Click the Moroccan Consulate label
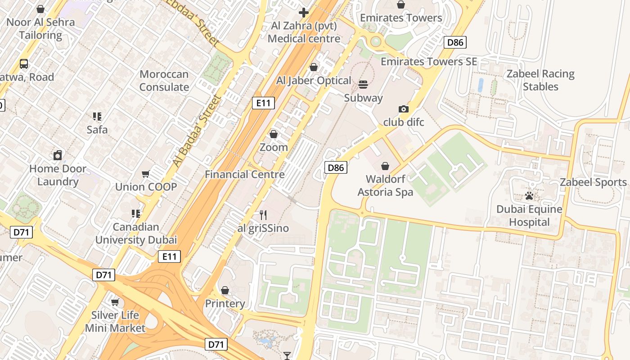164,81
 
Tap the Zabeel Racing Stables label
540,80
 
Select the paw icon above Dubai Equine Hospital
529,196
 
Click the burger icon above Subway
363,84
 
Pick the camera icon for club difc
404,109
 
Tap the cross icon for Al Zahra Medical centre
304,12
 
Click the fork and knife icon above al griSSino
263,215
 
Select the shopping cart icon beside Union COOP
146,174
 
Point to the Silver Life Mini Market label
115,321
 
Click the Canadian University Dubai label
136,233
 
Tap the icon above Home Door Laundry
58,155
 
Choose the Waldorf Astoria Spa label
385,185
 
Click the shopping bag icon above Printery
225,290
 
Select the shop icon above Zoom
274,134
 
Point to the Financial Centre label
245,174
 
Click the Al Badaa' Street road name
198,130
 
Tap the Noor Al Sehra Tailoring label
40,28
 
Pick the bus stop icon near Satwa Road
24,64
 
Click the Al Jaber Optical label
314,81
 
